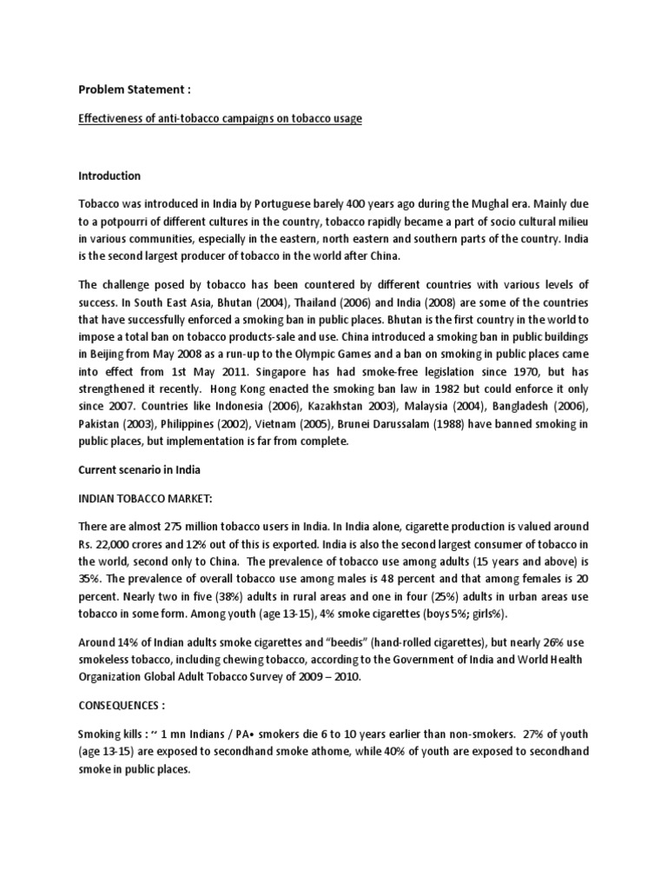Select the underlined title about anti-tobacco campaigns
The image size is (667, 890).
(221, 118)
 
